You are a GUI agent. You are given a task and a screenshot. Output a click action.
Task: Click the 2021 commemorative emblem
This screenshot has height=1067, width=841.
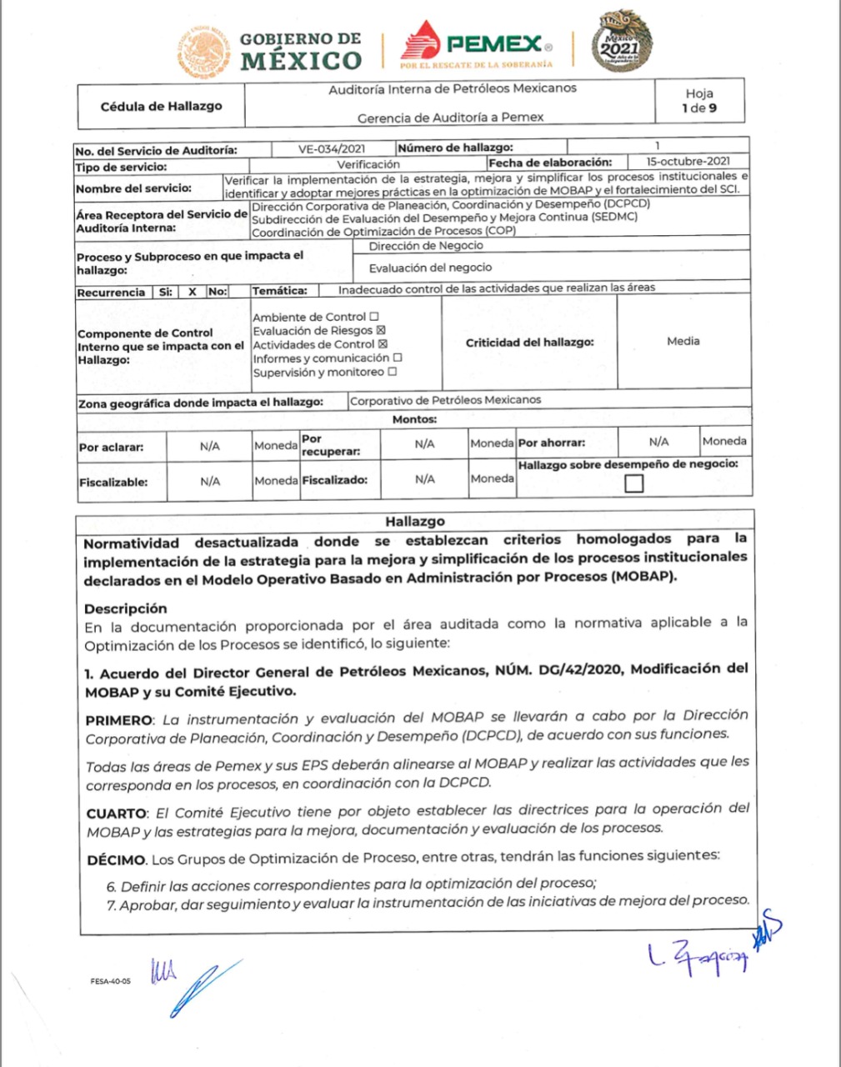[621, 42]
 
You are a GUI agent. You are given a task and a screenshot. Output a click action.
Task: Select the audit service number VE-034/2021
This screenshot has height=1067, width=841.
[332, 150]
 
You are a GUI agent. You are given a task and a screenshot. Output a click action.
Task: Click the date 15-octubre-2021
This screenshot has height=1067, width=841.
[688, 162]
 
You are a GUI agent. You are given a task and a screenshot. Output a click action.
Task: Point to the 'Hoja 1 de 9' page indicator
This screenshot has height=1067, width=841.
[698, 101]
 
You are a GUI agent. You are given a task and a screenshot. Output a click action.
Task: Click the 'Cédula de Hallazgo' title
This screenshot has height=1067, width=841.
[161, 106]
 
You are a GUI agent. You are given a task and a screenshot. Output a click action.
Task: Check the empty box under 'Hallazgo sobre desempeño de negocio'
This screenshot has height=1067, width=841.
[633, 483]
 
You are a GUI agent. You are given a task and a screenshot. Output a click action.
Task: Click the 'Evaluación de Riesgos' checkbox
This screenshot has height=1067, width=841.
[382, 331]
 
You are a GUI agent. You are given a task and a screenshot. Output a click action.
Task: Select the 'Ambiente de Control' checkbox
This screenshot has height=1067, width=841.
[373, 317]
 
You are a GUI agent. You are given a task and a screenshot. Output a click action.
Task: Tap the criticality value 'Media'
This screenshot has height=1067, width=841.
[683, 341]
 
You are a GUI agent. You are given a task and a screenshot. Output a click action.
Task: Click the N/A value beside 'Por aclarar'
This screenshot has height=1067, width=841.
[210, 446]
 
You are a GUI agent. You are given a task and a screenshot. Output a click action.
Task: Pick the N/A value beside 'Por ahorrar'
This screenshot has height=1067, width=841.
[658, 442]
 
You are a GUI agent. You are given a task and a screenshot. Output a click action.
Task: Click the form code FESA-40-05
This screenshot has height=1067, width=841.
[110, 981]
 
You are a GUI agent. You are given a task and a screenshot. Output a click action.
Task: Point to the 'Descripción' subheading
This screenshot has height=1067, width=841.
[125, 609]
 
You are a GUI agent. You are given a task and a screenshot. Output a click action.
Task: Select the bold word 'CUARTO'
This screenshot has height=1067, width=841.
[117, 813]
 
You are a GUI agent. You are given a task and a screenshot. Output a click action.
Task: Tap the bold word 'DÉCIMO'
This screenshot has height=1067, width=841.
[117, 859]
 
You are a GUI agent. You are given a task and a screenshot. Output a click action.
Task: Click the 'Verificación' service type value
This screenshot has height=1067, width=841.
[368, 165]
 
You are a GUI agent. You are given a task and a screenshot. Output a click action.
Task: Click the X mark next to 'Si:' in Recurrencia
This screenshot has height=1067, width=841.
[193, 292]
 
